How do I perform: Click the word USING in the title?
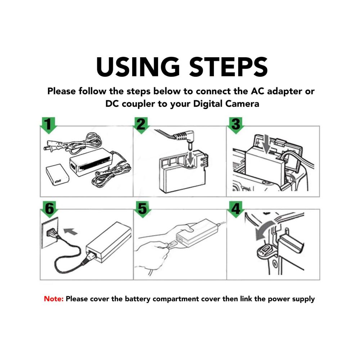point(138,67)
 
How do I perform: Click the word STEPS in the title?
point(229,67)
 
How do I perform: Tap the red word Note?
point(54,299)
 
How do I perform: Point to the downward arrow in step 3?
point(266,144)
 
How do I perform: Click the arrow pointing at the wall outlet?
point(70,231)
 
